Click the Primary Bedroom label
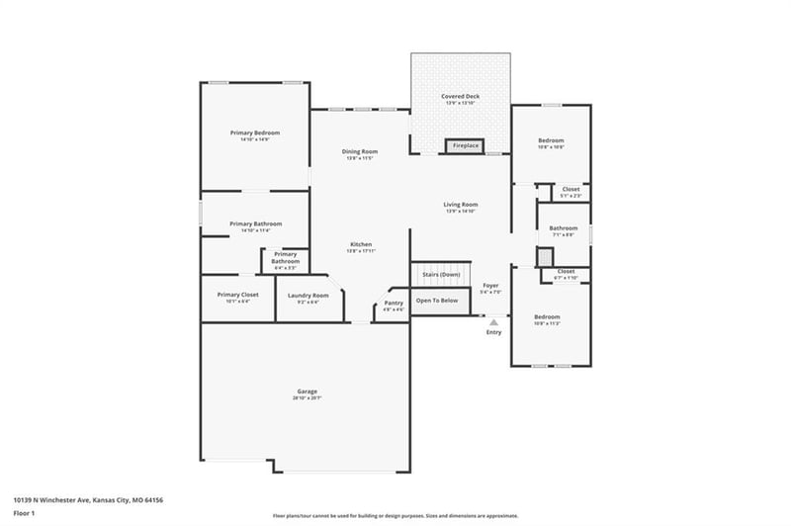pyautogui.click(x=255, y=132)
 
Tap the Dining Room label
pyautogui.click(x=360, y=151)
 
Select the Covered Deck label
pyautogui.click(x=460, y=96)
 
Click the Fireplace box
pyautogui.click(x=465, y=146)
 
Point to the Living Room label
pyautogui.click(x=461, y=205)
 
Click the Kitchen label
pyautogui.click(x=360, y=244)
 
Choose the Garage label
pyautogui.click(x=307, y=392)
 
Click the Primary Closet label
pyautogui.click(x=238, y=295)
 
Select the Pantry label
pyautogui.click(x=394, y=303)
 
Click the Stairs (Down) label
pyautogui.click(x=441, y=274)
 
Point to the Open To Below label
pyautogui.click(x=436, y=300)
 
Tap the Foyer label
pyautogui.click(x=490, y=285)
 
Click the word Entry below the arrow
pyautogui.click(x=493, y=332)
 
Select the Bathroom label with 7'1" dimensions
pyautogui.click(x=564, y=228)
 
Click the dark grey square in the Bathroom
pyautogui.click(x=544, y=256)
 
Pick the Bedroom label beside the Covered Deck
pyautogui.click(x=551, y=140)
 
